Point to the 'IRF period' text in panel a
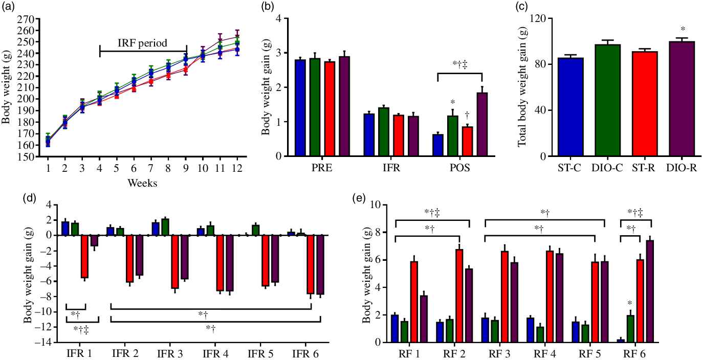(143, 43)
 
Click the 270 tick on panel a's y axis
(26, 19)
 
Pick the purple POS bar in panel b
(482, 124)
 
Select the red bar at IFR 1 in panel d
(84, 256)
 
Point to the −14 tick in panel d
(48, 343)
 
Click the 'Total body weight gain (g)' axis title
(521, 87)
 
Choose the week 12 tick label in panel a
(236, 168)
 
